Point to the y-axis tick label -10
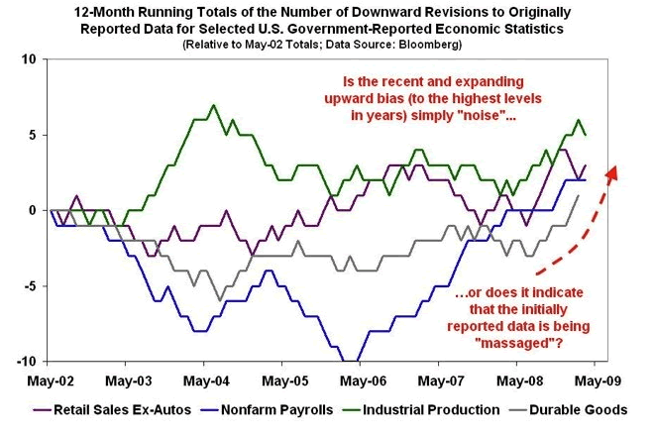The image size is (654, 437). tap(25, 362)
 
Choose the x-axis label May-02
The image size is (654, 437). tap(51, 380)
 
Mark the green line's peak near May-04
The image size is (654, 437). tap(213, 104)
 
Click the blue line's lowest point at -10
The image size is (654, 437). tap(353, 361)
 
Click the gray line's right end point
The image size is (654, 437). tap(579, 195)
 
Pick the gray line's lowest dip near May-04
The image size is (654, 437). tap(220, 300)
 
